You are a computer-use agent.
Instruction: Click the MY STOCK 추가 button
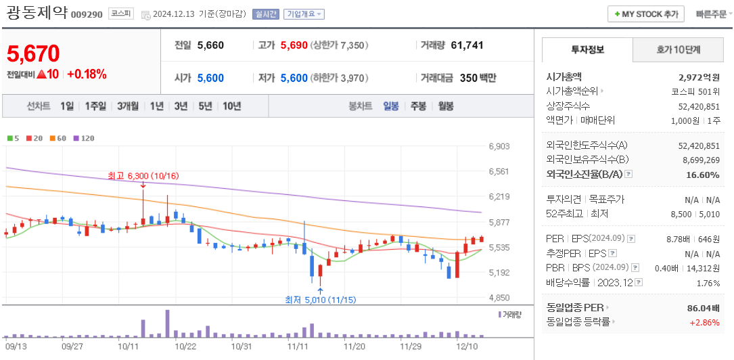tap(645, 14)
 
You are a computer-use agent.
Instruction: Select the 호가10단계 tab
tap(679, 50)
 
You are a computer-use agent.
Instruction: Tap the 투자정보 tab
tap(587, 50)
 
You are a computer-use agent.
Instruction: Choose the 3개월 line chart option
tap(127, 106)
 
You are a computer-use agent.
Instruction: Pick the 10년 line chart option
tap(231, 106)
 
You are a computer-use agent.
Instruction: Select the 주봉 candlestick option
tap(418, 106)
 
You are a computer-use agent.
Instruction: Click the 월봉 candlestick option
tap(445, 106)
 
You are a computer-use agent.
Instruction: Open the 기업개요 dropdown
tap(304, 14)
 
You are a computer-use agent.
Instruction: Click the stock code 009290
tap(86, 14)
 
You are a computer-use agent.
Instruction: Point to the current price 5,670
tap(33, 53)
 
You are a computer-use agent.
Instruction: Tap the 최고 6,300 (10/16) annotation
tap(143, 176)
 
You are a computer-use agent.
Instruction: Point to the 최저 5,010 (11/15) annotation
tap(320, 300)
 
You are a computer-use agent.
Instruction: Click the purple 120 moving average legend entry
tap(84, 138)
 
